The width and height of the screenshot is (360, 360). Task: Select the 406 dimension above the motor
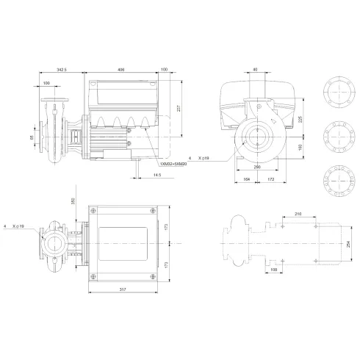point(120,69)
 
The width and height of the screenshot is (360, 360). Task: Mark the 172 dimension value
point(271,179)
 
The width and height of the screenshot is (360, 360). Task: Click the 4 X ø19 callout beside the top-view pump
point(14,227)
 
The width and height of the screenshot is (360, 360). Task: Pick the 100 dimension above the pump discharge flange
point(48,84)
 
